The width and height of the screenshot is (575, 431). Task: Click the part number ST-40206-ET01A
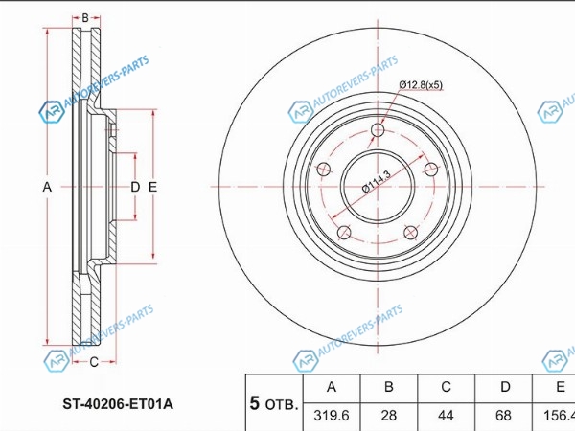coord(118,404)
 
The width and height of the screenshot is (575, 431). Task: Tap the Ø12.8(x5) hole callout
coord(421,85)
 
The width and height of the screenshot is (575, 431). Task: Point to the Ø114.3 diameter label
coord(377,181)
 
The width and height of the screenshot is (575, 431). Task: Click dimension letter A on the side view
coord(47,188)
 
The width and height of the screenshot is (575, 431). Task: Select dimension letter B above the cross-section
coord(85,17)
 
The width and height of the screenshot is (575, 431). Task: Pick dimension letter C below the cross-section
coord(94,362)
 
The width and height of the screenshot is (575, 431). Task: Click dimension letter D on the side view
coord(135,188)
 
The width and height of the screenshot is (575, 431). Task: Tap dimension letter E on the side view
coord(152,188)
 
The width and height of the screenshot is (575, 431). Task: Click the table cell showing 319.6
coord(332,416)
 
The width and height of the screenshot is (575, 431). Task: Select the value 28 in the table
coord(389,416)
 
